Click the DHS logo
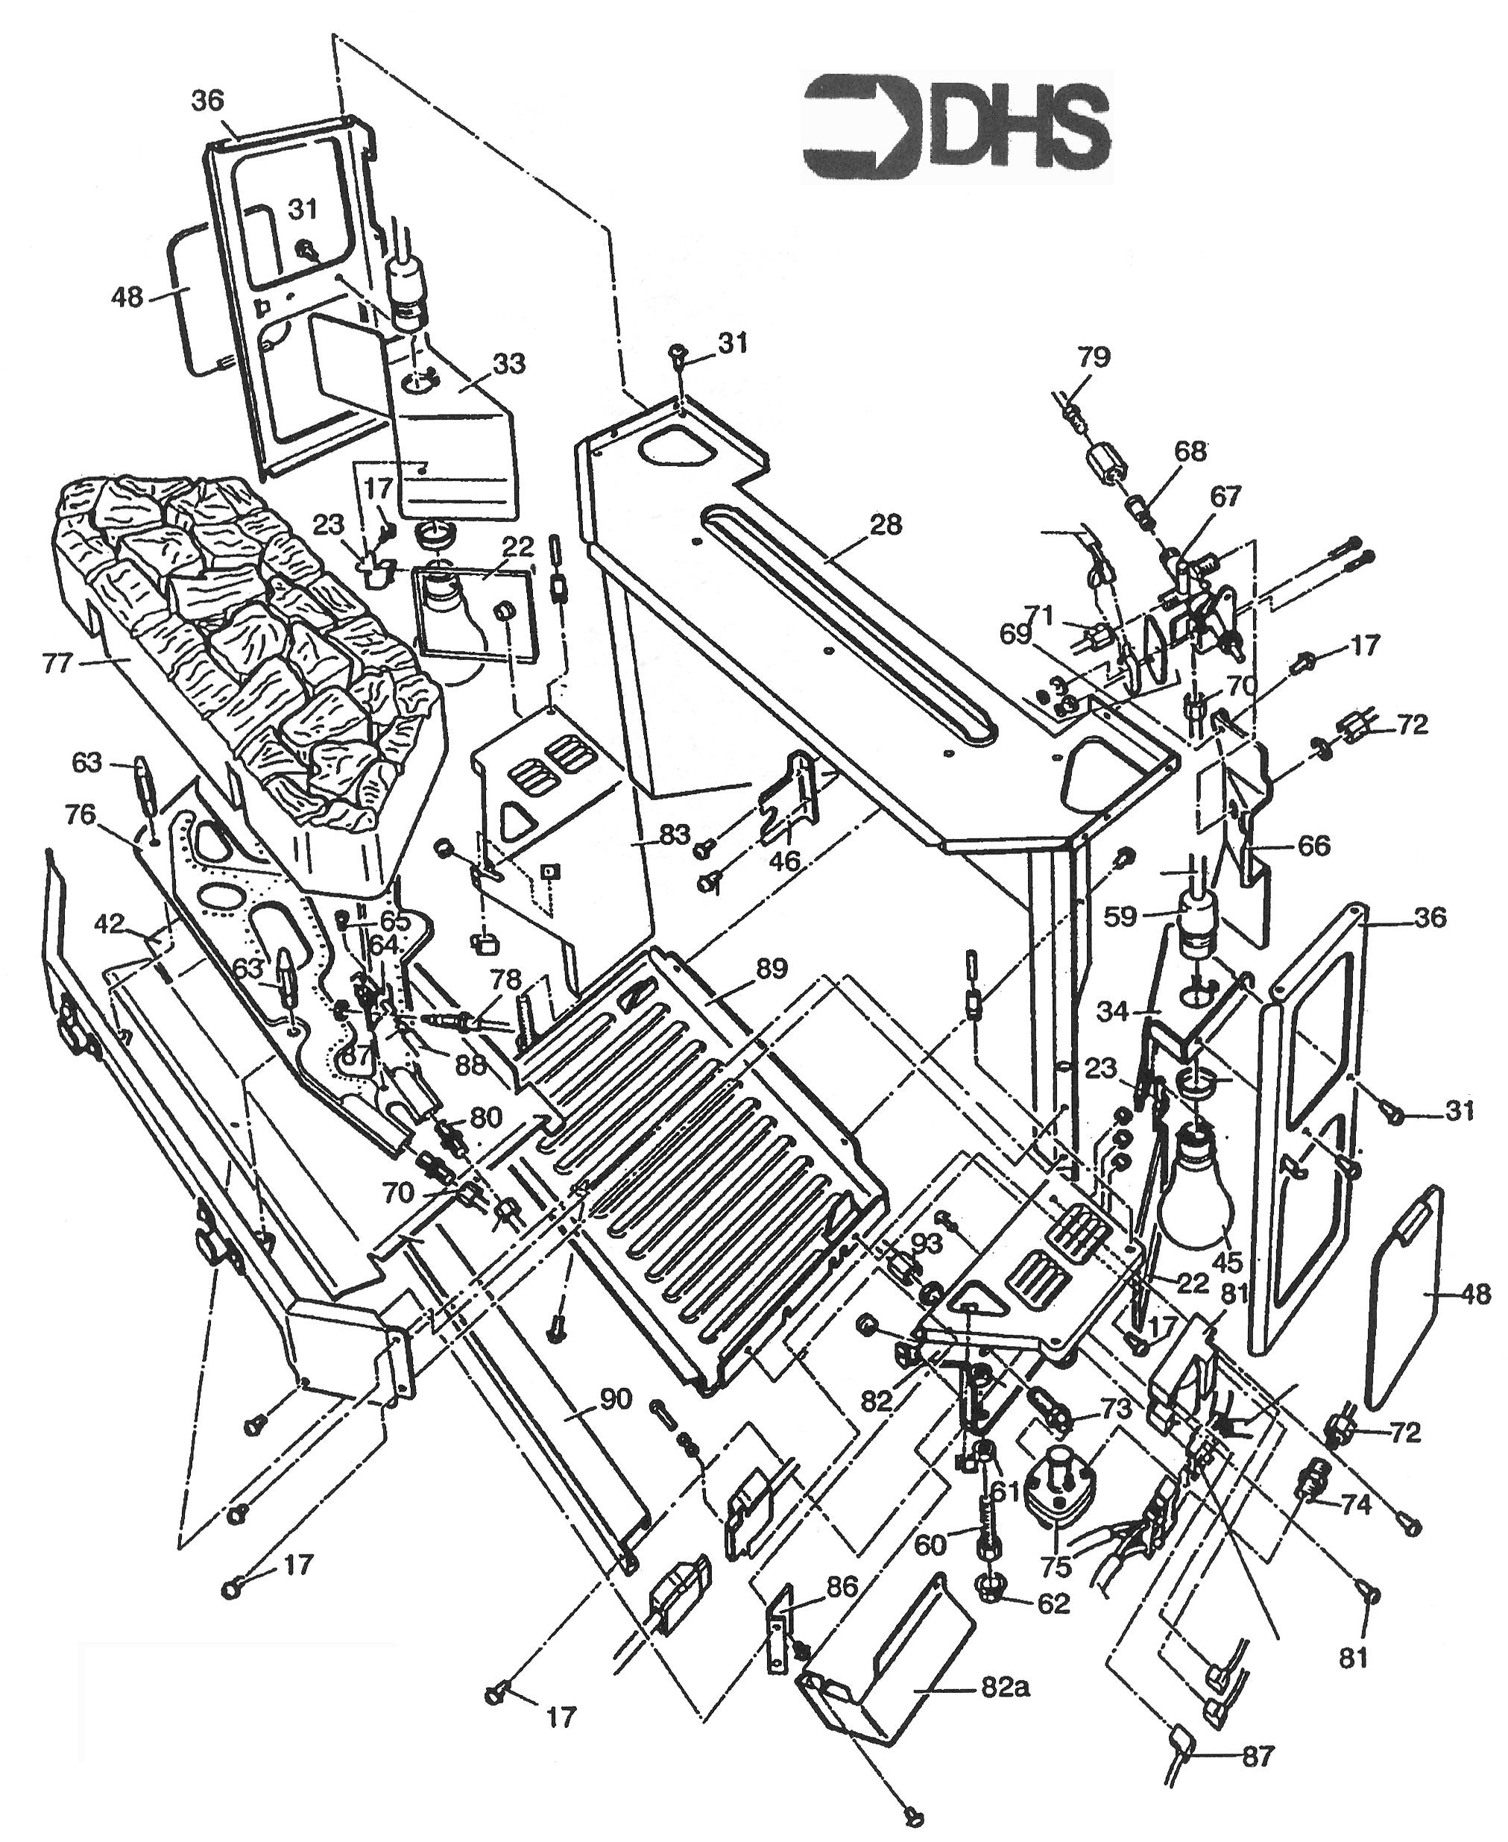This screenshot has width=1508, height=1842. pos(956,126)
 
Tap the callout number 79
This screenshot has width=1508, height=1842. pos(1094,356)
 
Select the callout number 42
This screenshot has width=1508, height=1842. pos(111,923)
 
